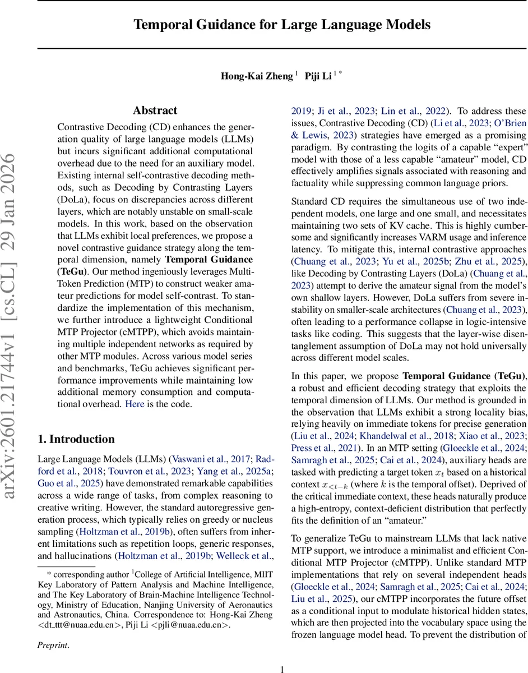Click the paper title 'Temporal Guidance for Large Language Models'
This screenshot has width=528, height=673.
pyautogui.click(x=281, y=25)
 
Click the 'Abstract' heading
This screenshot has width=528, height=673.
pyautogui.click(x=155, y=110)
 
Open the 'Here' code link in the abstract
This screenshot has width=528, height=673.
pyautogui.click(x=135, y=404)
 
